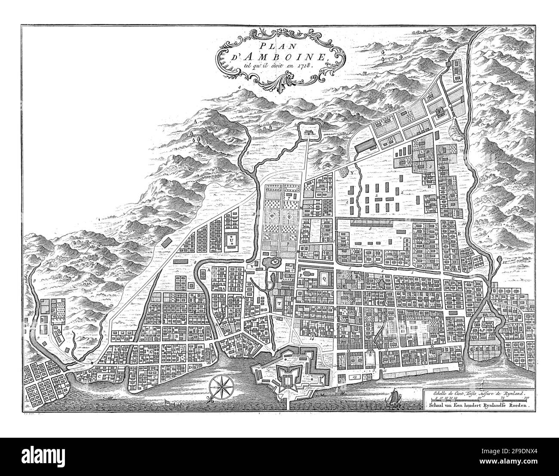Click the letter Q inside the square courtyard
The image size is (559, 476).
(x=323, y=279)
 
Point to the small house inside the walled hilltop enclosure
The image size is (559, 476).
(x=308, y=133)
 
